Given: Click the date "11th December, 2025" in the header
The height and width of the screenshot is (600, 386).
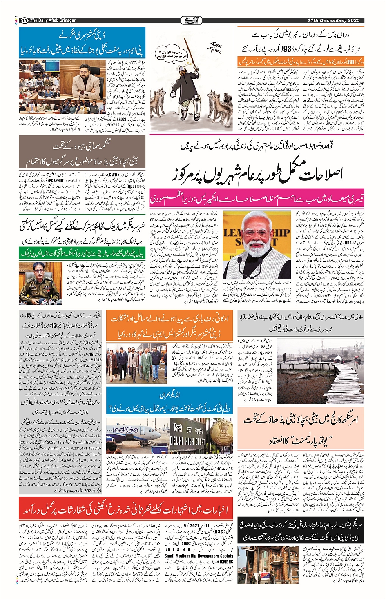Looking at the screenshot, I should point(333,20).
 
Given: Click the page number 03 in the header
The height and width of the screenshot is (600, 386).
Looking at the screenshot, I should point(24,20).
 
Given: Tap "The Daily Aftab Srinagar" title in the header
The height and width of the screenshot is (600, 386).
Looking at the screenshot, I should point(53,20).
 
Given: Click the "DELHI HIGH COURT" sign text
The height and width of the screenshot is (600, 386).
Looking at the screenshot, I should point(187,441).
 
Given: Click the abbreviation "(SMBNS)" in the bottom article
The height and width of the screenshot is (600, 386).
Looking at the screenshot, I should point(225,562).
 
